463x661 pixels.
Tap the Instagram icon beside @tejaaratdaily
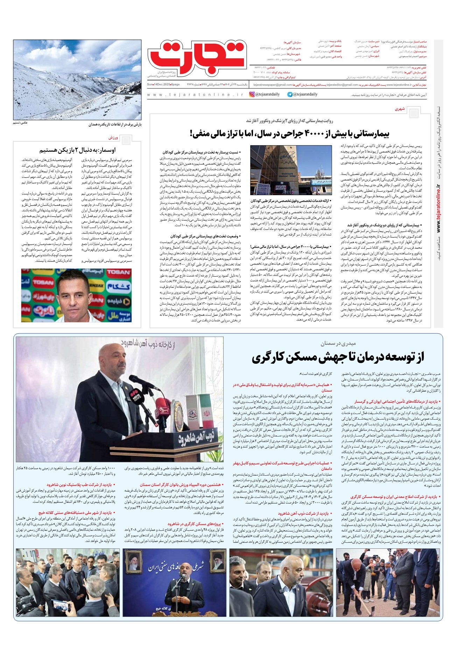point(252,94)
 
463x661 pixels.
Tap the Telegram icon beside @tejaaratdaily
point(290,94)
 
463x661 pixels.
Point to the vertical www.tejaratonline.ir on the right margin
point(439,210)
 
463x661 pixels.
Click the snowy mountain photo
point(77,79)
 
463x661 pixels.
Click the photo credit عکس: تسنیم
point(20,123)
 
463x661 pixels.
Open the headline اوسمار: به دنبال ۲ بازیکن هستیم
point(77,150)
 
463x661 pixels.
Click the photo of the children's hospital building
point(291,170)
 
